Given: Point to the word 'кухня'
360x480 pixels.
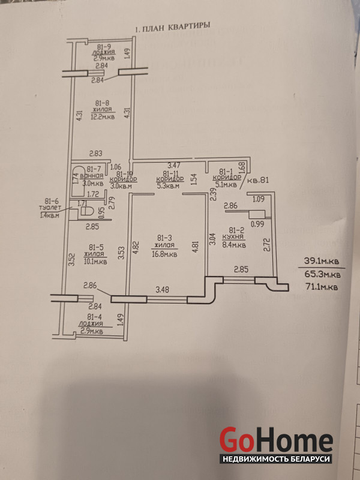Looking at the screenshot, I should tap(233, 238).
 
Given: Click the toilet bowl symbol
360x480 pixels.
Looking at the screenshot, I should tap(83, 214).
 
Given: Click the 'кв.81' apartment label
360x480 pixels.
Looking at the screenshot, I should tap(258, 180).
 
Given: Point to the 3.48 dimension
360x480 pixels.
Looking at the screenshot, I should tap(163, 290).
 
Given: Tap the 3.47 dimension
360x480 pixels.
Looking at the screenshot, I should tap(174, 164).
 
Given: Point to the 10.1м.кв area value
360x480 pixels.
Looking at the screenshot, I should tap(95, 261).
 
